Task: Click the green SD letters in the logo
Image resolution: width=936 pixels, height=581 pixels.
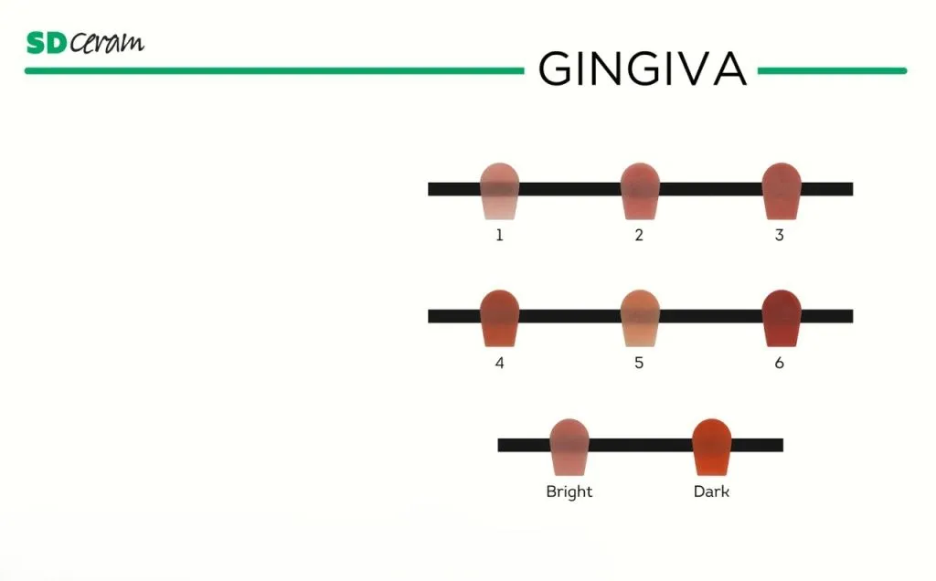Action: [46, 43]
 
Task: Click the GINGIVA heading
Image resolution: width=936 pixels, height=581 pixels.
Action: [643, 69]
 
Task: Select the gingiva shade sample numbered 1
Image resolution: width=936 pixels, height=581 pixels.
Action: [500, 191]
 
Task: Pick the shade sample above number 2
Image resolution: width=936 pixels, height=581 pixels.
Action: [640, 191]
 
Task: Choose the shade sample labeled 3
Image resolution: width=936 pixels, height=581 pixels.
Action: [782, 191]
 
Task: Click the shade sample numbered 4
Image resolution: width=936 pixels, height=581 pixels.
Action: [500, 318]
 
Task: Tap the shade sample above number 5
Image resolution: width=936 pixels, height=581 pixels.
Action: [640, 318]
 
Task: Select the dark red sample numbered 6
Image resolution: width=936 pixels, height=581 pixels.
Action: [782, 318]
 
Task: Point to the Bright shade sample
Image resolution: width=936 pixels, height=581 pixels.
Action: [569, 447]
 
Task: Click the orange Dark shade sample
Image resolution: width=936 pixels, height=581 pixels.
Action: [711, 447]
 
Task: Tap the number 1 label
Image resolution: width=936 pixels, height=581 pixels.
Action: [500, 236]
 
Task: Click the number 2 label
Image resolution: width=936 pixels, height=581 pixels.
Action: [639, 236]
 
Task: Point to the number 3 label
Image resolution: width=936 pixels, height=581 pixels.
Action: [779, 236]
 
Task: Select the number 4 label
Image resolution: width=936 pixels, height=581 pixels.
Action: [500, 363]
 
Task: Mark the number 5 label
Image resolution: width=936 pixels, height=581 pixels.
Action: [639, 363]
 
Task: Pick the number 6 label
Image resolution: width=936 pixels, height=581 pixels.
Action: [779, 363]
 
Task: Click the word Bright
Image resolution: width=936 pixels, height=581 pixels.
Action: [569, 491]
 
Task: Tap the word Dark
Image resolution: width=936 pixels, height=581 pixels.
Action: [711, 491]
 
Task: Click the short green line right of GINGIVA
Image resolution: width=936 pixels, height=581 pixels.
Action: [832, 70]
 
